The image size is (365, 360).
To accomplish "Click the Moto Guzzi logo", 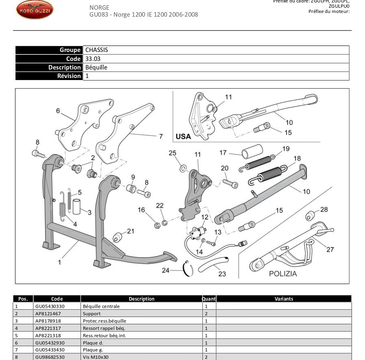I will pos(35,10).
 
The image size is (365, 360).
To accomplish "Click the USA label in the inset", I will pos(183,137).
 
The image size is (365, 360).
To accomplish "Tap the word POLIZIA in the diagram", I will pos(283,273).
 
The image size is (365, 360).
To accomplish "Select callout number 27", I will pos(330,249).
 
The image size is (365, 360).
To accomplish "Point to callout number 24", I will pos(165,270).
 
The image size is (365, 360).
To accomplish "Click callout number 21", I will pos(130,231).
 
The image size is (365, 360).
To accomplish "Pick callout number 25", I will pos(173,153).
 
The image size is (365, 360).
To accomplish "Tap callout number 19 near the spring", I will pos(286,149).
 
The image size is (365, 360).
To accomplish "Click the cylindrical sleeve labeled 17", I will pos(250,154).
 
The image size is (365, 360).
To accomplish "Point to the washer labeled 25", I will pos(183,167).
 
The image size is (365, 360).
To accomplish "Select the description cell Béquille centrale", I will pos(101,306).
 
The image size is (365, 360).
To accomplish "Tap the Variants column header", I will pos(283,299).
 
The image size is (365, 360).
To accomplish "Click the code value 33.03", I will pos(93,59).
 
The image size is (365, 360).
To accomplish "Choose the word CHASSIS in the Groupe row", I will pos(96,50).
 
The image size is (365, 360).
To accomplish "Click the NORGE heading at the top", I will pos(99,7).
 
